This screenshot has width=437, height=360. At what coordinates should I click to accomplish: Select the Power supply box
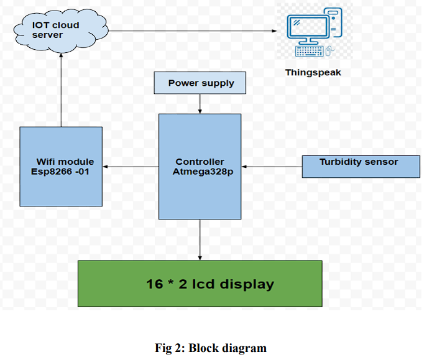tap(201, 83)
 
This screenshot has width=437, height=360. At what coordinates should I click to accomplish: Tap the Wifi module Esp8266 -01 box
tap(61, 166)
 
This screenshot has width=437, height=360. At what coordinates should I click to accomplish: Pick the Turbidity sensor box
tap(361, 167)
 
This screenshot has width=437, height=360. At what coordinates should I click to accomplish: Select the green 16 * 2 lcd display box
tap(200, 284)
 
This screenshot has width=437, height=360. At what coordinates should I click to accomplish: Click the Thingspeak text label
tap(313, 72)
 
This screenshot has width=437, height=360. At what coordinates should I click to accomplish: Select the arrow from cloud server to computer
tap(193, 31)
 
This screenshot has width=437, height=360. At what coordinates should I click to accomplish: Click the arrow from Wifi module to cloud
tap(61, 90)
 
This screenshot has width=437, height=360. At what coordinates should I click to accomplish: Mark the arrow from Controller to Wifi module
tap(131, 167)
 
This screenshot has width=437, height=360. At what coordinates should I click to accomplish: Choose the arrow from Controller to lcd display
tap(200, 239)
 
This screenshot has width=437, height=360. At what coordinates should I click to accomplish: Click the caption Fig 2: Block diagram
tap(210, 348)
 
